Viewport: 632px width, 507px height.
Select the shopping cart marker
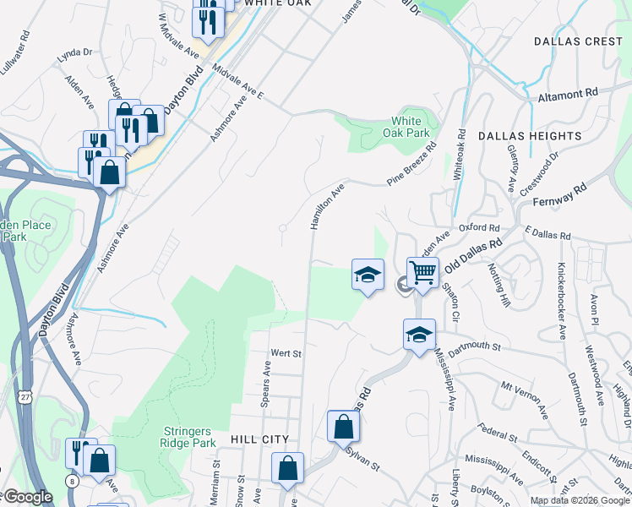click(422, 272)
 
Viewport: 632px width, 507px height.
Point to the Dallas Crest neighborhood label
click(578, 41)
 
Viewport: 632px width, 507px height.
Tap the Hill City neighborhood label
click(259, 440)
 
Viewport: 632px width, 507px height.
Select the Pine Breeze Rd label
click(411, 164)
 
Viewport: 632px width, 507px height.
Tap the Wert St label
click(286, 353)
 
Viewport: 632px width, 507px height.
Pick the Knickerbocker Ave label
click(559, 297)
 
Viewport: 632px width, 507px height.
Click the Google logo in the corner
click(28, 497)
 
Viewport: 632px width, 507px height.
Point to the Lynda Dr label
click(74, 52)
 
